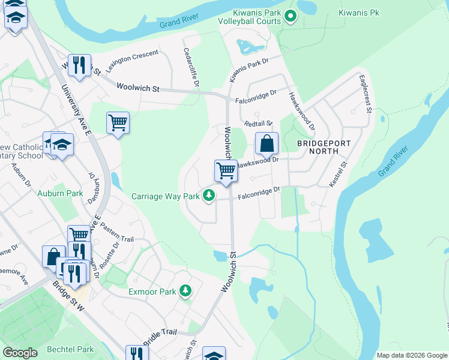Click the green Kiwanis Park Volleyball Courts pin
point(291,16)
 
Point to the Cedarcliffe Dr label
point(190,68)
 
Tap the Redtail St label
point(258,124)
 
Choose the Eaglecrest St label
point(365,94)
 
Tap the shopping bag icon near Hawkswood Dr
point(267,144)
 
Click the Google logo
point(20,353)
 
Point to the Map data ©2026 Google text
point(412,355)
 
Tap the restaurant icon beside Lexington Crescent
point(79,64)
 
